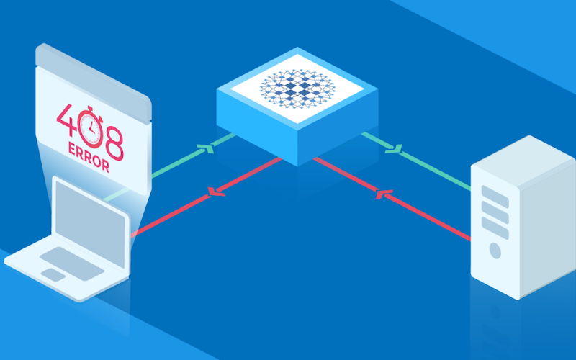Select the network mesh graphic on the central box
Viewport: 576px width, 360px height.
point(297,87)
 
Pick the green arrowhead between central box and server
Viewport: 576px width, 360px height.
point(394,148)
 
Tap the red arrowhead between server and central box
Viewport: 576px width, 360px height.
point(382,194)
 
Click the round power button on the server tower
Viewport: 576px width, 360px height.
point(495,251)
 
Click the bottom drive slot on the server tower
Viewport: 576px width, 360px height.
point(495,228)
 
